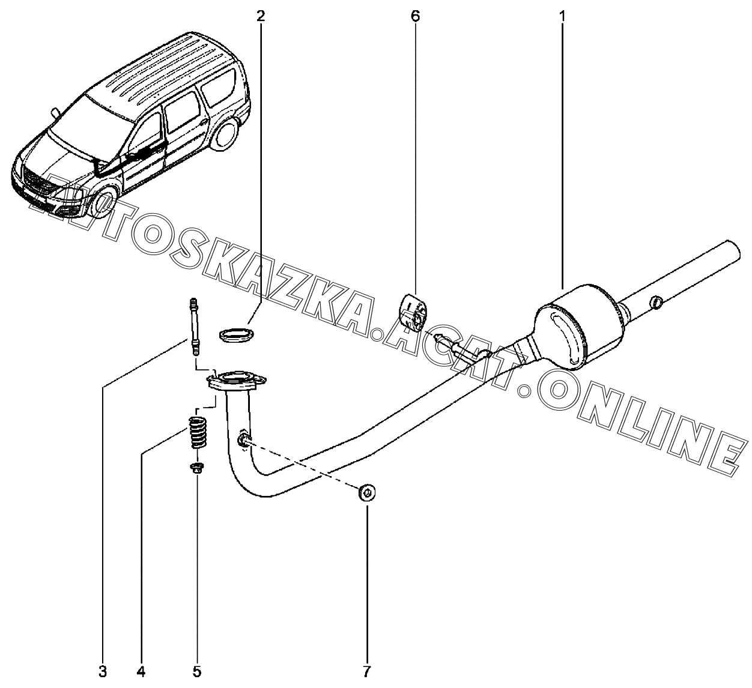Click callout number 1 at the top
coord(562,17)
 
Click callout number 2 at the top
coord(260,17)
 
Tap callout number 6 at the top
coord(415,17)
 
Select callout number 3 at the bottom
coord(103,671)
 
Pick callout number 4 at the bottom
coord(141,671)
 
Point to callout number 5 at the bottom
coord(197,671)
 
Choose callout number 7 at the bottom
coord(367,671)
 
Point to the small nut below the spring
coord(196,468)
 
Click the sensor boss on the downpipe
coord(243,441)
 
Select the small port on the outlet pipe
coord(656,302)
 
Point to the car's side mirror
coord(55,111)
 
